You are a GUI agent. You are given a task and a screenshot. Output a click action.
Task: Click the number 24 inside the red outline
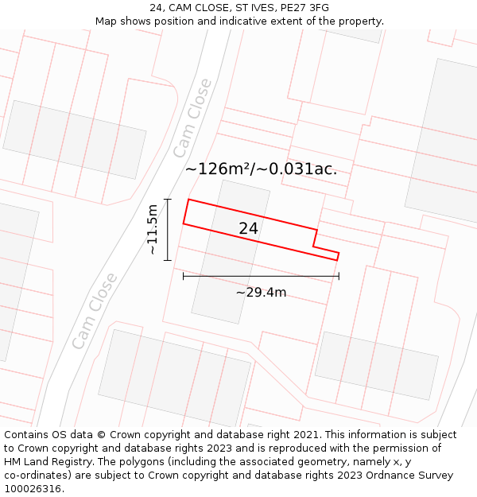[248, 228]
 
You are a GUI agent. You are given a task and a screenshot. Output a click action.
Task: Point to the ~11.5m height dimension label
[153, 229]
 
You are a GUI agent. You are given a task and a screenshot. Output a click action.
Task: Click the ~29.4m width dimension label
[261, 293]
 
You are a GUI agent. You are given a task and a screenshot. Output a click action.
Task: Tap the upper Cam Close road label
[192, 118]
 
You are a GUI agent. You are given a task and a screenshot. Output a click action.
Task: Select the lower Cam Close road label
[94, 311]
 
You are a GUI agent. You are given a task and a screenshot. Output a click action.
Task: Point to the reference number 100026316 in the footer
[33, 488]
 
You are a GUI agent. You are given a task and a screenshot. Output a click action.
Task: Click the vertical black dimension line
[168, 229]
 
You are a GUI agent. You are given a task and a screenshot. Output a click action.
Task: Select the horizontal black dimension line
[261, 276]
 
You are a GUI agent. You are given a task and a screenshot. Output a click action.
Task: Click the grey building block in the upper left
[75, 139]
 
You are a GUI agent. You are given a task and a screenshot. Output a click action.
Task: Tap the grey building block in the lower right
[376, 365]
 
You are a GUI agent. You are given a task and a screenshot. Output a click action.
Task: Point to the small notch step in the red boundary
[316, 239]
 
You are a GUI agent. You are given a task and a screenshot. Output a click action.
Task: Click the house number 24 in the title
[156, 8]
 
